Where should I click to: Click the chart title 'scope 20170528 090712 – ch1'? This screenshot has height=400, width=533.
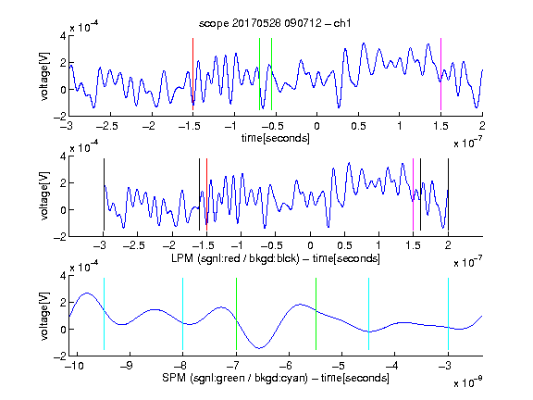tap(275, 23)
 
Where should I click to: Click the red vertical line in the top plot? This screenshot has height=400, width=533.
tap(193, 74)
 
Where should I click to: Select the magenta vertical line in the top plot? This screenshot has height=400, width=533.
tap(440, 74)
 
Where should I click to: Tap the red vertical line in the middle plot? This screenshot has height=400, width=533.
tap(206, 194)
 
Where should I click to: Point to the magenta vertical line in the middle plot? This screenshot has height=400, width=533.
tap(413, 194)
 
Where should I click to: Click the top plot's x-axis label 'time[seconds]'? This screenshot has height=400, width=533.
tap(276, 138)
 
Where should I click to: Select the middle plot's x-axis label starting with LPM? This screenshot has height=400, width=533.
tap(276, 258)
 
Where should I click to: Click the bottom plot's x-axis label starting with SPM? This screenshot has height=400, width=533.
tap(276, 378)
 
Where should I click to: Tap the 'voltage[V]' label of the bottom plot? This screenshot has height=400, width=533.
tap(44, 316)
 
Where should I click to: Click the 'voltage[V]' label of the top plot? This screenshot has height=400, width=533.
tap(44, 76)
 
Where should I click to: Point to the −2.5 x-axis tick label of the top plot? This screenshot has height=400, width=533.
tap(106, 126)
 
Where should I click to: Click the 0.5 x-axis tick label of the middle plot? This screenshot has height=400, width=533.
tap(344, 245)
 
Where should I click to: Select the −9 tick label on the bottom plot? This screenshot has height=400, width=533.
tap(127, 366)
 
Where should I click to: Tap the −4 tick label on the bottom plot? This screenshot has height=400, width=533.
tap(391, 366)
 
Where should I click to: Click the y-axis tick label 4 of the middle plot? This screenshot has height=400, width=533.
tap(63, 156)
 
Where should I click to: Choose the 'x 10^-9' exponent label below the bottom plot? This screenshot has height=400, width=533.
tap(467, 382)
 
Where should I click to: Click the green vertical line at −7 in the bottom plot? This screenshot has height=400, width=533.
tap(236, 314)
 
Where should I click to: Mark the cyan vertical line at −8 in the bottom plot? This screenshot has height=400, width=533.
tap(183, 314)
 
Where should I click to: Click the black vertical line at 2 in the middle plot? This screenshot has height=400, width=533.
tap(448, 194)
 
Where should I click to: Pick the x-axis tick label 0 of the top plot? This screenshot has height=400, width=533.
tap(316, 126)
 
